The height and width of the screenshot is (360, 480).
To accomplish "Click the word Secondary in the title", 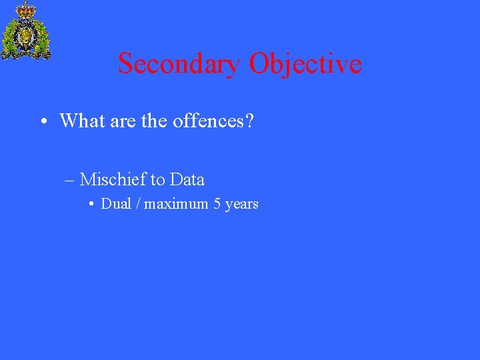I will tap(179, 64).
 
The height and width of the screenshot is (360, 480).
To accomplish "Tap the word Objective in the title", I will tap(305, 64).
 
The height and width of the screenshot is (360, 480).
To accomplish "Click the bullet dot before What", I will tap(42, 122).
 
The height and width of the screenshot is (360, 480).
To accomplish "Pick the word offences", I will tap(208, 121).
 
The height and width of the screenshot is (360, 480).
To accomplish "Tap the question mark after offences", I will tap(249, 121).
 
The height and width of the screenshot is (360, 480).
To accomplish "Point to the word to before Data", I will tap(158, 180).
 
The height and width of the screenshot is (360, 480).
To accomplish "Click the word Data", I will tap(187, 179).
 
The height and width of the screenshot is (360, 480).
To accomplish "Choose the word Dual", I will tap(116, 204).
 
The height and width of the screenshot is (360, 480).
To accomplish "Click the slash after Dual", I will tap(138, 204).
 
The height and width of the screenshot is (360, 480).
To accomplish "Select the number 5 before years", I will tap(217, 204).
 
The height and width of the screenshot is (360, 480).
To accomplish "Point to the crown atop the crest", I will tap(26, 9).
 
